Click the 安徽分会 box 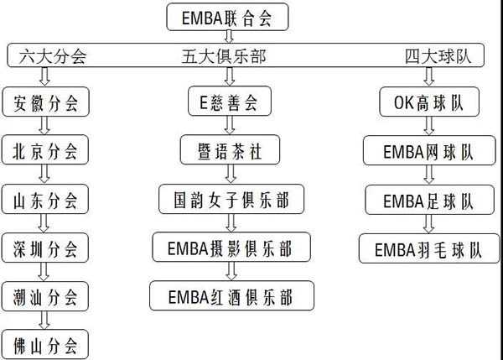45,104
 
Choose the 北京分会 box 45,151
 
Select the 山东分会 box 45,200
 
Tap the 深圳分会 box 45,248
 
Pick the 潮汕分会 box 45,296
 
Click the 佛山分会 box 45,345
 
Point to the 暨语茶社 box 222,151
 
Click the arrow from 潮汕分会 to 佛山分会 45,321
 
